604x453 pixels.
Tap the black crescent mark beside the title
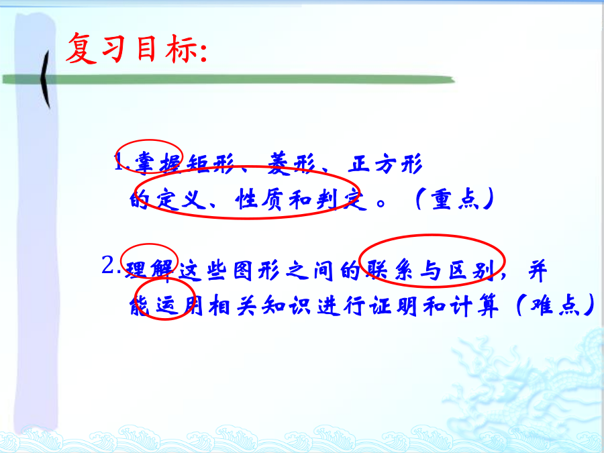[x=45, y=79]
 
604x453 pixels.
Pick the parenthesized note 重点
[x=454, y=199]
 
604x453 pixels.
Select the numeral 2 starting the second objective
[x=108, y=265]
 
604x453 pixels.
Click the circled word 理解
[x=150, y=269]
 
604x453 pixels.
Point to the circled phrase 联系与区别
[x=431, y=270]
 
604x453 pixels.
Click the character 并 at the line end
[x=538, y=270]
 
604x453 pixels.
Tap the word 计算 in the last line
[x=474, y=306]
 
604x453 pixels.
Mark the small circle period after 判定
[x=381, y=203]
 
